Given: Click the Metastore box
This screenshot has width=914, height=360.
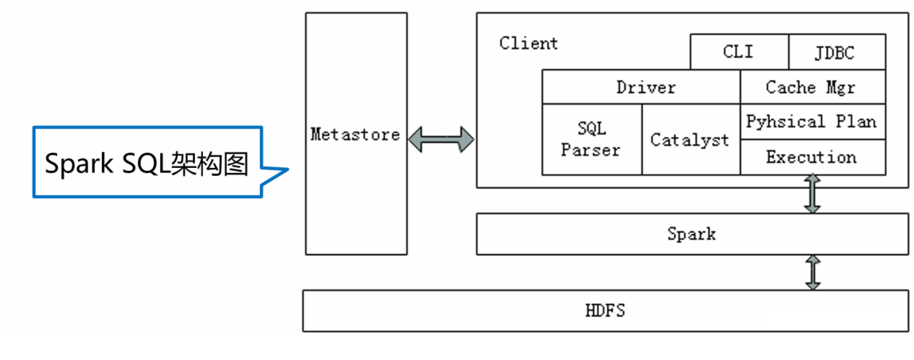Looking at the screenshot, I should (355, 134).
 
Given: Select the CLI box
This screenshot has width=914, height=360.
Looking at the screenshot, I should (739, 52).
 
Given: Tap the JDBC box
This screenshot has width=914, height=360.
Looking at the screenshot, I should (836, 52).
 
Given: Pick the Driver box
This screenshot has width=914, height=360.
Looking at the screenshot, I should (646, 87).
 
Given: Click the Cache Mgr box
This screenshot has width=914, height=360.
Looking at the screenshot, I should (811, 87).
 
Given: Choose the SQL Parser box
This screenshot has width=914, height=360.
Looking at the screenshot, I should (591, 139).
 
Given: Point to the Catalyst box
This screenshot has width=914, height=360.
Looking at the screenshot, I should (690, 140).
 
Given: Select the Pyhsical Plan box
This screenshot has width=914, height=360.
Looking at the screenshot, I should (811, 122).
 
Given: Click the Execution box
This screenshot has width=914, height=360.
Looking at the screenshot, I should (811, 157).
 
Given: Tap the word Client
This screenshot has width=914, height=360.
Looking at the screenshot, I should (529, 43).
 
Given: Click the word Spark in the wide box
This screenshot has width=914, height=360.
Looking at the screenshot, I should (691, 234).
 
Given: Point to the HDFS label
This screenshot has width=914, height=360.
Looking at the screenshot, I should (605, 310).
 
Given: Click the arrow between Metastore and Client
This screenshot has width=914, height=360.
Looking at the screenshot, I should (441, 139).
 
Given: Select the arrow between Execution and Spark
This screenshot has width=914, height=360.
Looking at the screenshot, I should (812, 194).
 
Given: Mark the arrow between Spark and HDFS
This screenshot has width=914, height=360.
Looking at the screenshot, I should (813, 272).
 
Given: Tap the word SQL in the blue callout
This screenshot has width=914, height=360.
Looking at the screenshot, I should (146, 164).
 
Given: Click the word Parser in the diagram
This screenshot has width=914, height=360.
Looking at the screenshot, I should (590, 150).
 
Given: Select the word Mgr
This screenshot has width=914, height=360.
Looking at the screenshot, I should (840, 87).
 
